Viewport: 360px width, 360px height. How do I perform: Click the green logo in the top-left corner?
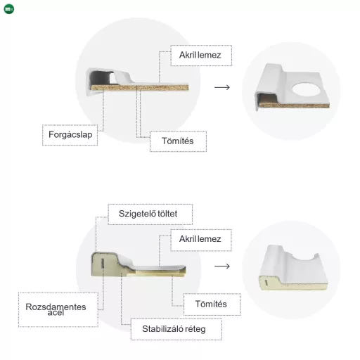click(9, 9)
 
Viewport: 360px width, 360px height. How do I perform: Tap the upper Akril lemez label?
click(200, 55)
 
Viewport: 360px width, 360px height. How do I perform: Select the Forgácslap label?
click(70, 135)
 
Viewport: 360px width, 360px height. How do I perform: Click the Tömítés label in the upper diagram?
click(178, 141)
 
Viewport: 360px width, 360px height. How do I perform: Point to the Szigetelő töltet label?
click(148, 214)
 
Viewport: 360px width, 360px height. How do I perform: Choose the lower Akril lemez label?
click(200, 239)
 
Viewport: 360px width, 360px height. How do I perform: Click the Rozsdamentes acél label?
click(56, 309)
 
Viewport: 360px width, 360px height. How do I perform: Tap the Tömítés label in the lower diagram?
click(211, 304)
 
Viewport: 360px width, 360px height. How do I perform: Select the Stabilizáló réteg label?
click(174, 329)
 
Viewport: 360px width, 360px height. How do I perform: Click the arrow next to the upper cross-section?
click(222, 87)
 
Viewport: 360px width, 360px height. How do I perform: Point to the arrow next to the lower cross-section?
click(222, 266)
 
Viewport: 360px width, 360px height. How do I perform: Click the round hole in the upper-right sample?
click(307, 89)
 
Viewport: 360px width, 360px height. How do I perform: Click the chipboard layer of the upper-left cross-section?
click(140, 87)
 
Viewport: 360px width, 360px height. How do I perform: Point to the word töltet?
click(167, 214)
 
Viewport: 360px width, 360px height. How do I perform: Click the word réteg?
click(195, 329)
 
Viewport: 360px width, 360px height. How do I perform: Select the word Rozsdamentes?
click(56, 307)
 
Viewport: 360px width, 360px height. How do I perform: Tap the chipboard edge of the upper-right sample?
click(294, 105)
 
